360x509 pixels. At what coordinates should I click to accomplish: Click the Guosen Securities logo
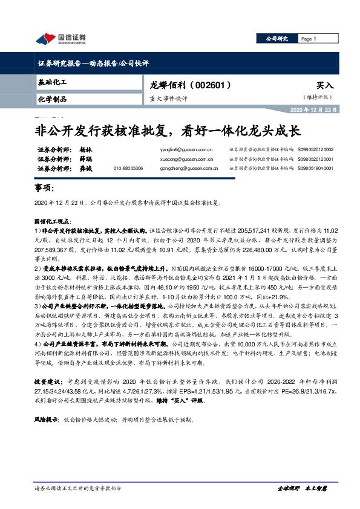click(61, 39)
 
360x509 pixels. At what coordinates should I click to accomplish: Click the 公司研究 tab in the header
click(277, 39)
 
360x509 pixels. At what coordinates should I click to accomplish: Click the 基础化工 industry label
click(52, 81)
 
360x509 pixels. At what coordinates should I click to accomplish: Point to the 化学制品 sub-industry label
click(52, 99)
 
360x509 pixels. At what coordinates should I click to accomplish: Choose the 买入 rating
click(324, 86)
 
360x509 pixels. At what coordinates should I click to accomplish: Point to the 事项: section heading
click(44, 189)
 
